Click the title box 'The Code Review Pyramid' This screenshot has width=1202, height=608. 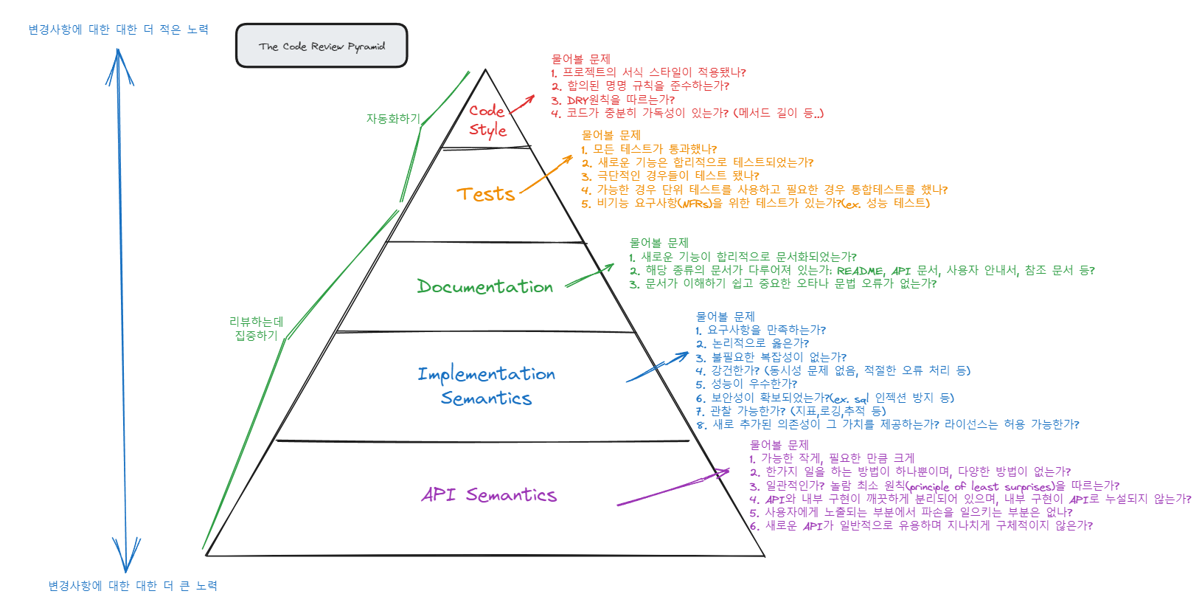(x=322, y=46)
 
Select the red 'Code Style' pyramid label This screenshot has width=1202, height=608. (x=487, y=120)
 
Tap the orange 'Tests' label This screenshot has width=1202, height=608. (x=485, y=194)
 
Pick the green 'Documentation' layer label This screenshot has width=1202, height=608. (x=484, y=286)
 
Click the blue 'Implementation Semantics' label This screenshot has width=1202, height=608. (x=486, y=385)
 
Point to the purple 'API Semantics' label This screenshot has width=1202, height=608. (x=489, y=494)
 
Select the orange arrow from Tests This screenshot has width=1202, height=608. (x=546, y=175)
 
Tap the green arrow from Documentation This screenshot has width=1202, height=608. (x=589, y=275)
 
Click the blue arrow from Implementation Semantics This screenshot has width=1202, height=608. (x=657, y=367)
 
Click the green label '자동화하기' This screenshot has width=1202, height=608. (x=393, y=119)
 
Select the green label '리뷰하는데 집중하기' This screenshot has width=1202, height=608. (x=256, y=328)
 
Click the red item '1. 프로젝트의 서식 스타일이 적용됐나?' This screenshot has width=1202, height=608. (x=648, y=72)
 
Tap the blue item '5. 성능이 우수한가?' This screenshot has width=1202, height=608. (x=746, y=384)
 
